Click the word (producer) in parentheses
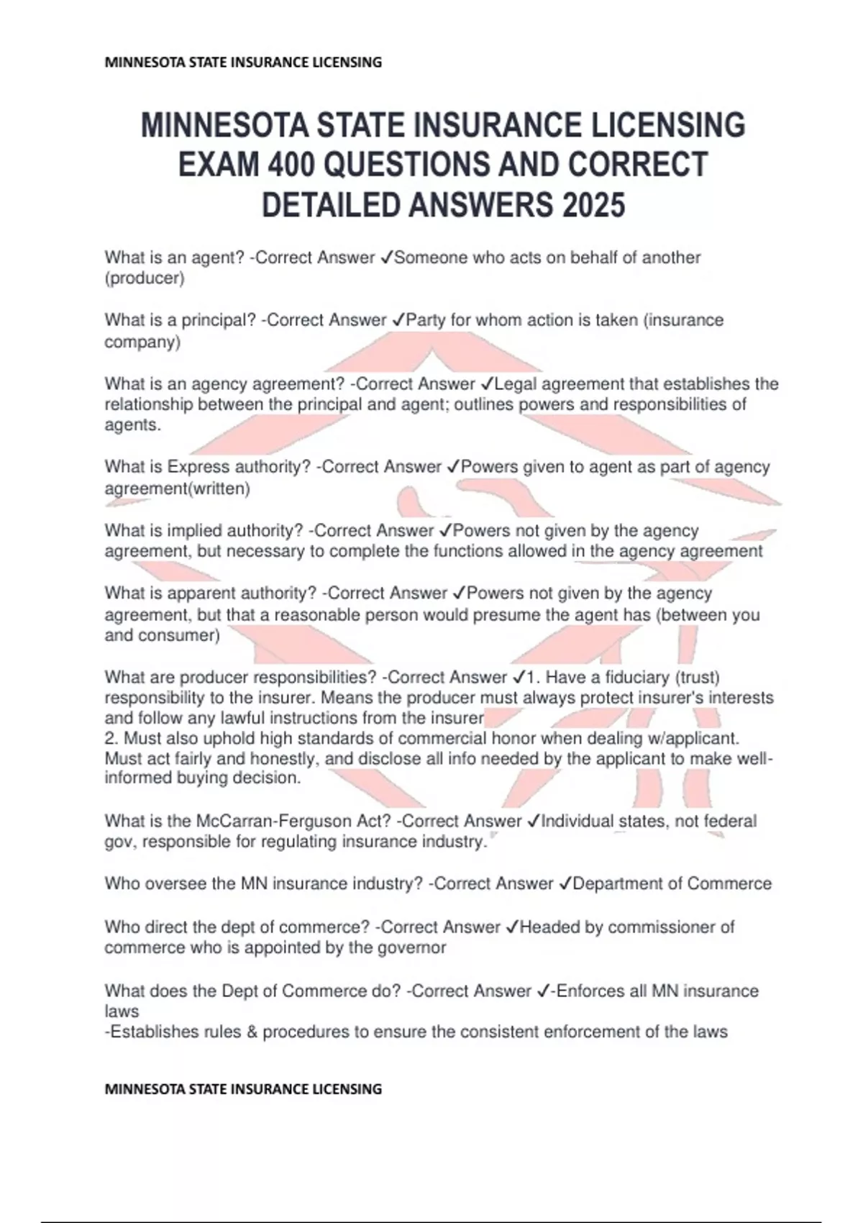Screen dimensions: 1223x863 click(x=145, y=278)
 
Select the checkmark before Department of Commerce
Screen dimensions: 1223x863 click(x=565, y=884)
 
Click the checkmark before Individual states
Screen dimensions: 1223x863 click(x=533, y=822)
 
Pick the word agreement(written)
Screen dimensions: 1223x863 click(x=177, y=489)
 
